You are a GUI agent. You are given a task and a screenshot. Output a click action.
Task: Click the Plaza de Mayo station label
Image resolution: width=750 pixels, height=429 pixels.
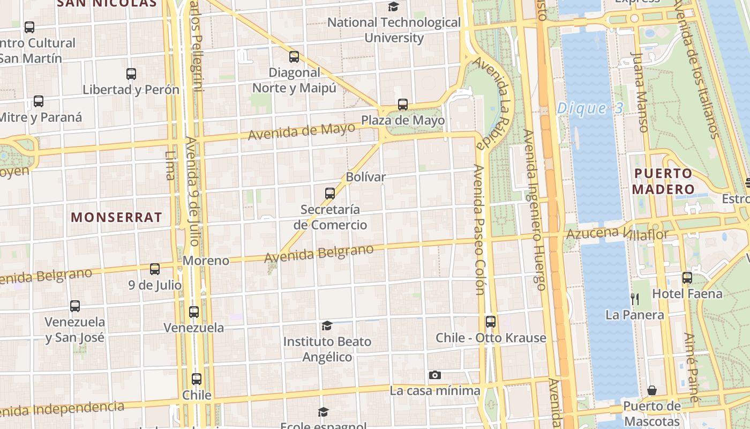click(403, 120)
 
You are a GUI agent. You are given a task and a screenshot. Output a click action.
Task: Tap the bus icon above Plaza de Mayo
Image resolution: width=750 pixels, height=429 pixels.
click(403, 105)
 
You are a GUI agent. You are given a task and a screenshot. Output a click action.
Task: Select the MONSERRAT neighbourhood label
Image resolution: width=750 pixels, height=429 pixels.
click(116, 217)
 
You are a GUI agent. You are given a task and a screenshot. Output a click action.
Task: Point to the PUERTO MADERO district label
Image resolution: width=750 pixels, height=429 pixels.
click(663, 181)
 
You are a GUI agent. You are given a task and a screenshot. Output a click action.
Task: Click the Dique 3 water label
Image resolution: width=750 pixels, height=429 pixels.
click(590, 108)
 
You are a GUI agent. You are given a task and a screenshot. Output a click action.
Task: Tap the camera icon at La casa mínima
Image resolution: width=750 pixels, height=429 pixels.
click(435, 375)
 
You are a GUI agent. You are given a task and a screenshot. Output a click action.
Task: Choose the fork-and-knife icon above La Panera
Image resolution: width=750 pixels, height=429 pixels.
click(635, 299)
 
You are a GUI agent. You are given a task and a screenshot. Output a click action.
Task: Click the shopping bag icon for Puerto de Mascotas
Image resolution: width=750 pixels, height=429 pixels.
click(652, 390)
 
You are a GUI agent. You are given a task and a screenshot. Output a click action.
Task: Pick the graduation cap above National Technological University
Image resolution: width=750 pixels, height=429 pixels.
click(394, 7)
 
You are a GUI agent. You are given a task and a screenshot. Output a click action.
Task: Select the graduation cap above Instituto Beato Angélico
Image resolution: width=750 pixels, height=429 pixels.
click(327, 326)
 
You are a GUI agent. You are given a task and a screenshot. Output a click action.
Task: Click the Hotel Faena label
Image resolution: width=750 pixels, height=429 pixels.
click(687, 294)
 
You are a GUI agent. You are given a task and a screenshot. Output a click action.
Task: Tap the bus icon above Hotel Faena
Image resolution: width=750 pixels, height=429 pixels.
click(687, 278)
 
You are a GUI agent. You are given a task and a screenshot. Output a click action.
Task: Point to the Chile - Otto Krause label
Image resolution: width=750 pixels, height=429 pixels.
click(491, 338)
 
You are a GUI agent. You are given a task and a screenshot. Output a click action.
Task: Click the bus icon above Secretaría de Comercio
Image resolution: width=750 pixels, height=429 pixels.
click(330, 194)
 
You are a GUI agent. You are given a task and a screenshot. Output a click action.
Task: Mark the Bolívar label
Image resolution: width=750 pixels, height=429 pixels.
click(366, 176)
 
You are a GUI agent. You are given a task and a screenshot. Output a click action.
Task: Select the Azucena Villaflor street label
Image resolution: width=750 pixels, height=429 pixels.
click(617, 233)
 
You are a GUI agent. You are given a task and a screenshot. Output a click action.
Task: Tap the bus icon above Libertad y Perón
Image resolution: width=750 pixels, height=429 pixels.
click(131, 74)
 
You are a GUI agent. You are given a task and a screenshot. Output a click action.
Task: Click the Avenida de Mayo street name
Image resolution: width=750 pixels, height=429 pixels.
click(302, 130)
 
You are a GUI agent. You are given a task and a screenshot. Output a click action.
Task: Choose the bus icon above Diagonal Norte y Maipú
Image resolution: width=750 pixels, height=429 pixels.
click(294, 57)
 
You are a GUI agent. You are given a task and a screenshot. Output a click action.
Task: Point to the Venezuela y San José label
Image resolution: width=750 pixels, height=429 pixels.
click(75, 330)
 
